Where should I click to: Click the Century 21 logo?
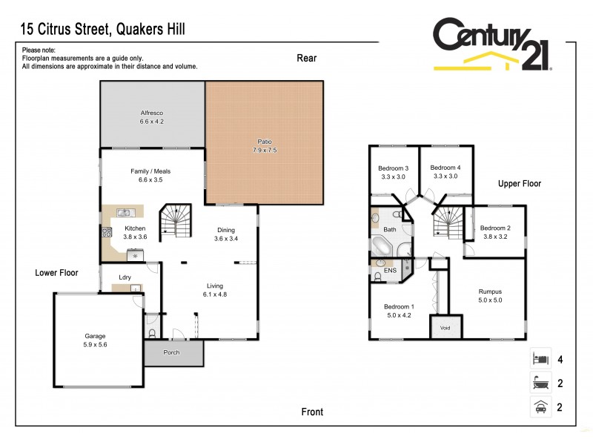492,46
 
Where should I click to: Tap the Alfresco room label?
152,113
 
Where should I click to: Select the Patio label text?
265,140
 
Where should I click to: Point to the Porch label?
171,352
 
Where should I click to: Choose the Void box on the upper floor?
445,327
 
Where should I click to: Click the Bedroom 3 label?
394,168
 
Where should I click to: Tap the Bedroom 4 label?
445,168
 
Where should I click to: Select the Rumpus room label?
490,291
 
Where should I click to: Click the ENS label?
390,271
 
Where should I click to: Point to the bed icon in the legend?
539,360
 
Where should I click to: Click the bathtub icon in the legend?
539,383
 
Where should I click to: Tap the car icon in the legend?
539,407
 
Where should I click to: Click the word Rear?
306,58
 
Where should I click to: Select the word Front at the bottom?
312,412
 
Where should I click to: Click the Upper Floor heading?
519,184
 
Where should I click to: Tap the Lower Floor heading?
56,273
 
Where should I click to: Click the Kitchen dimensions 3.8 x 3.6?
135,237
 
